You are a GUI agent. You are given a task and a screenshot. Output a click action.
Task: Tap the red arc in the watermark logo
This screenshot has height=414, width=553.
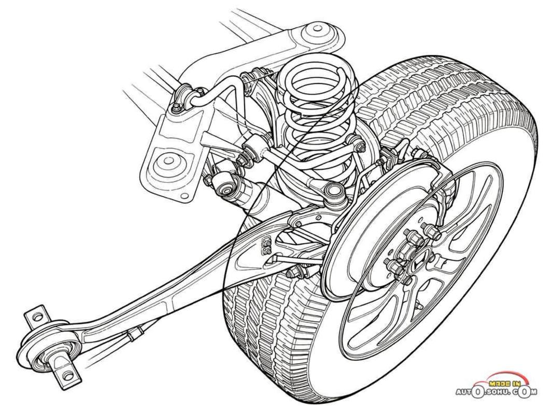coord(498,377)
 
